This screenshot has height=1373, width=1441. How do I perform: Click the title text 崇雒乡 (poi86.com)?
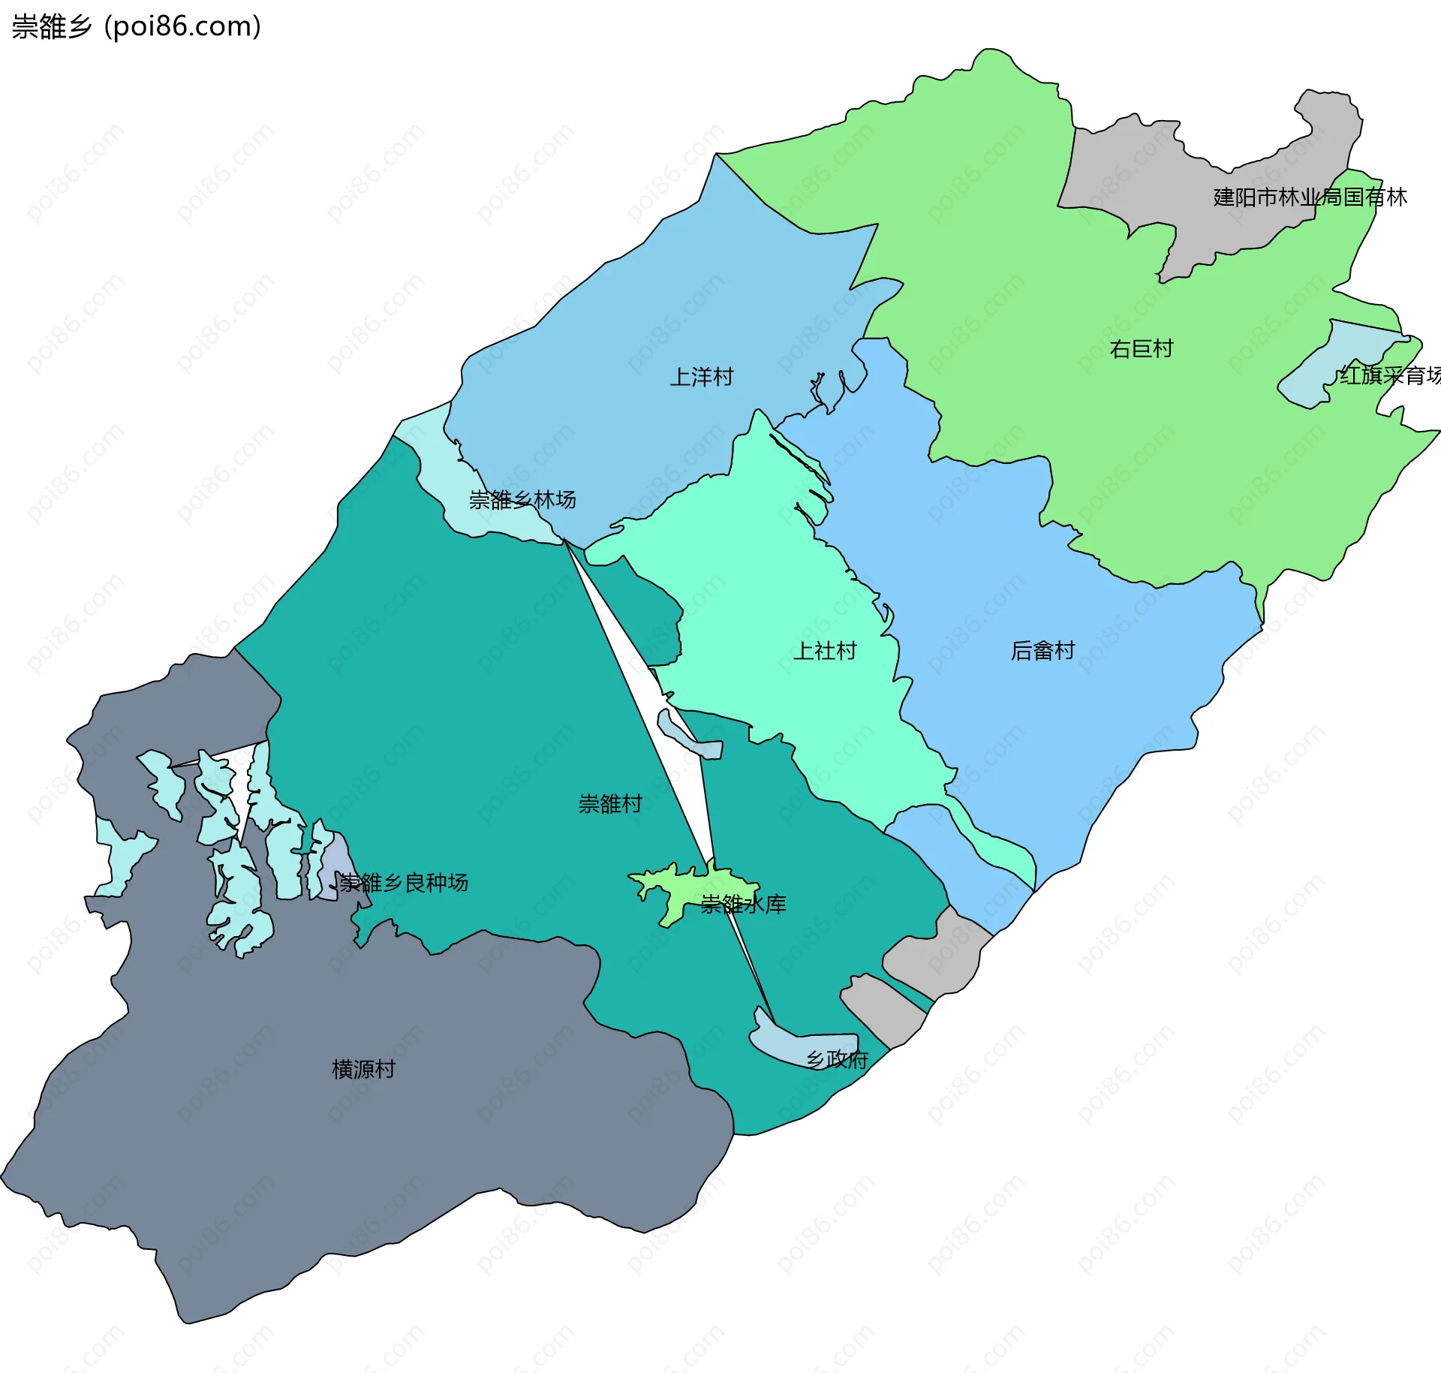(136, 26)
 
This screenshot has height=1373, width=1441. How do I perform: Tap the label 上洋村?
(701, 377)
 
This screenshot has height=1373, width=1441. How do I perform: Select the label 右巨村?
(1141, 349)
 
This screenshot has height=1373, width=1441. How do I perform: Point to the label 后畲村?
(1042, 650)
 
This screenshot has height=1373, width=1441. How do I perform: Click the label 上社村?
(824, 650)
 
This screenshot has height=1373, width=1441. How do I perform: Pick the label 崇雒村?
(609, 804)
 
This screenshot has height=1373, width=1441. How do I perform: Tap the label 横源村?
(363, 1069)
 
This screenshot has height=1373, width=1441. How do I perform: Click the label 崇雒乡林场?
(522, 499)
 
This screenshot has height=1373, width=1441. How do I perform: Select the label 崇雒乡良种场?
(404, 882)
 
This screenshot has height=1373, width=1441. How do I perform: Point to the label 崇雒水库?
(743, 904)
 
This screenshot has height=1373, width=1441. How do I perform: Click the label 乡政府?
(837, 1059)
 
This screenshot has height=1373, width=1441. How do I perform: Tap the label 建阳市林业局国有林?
(1310, 197)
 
